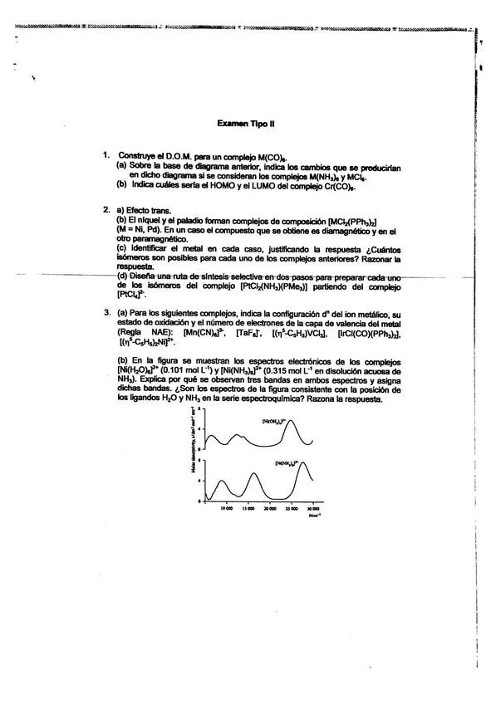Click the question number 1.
point(106,155)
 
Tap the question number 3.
point(106,313)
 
